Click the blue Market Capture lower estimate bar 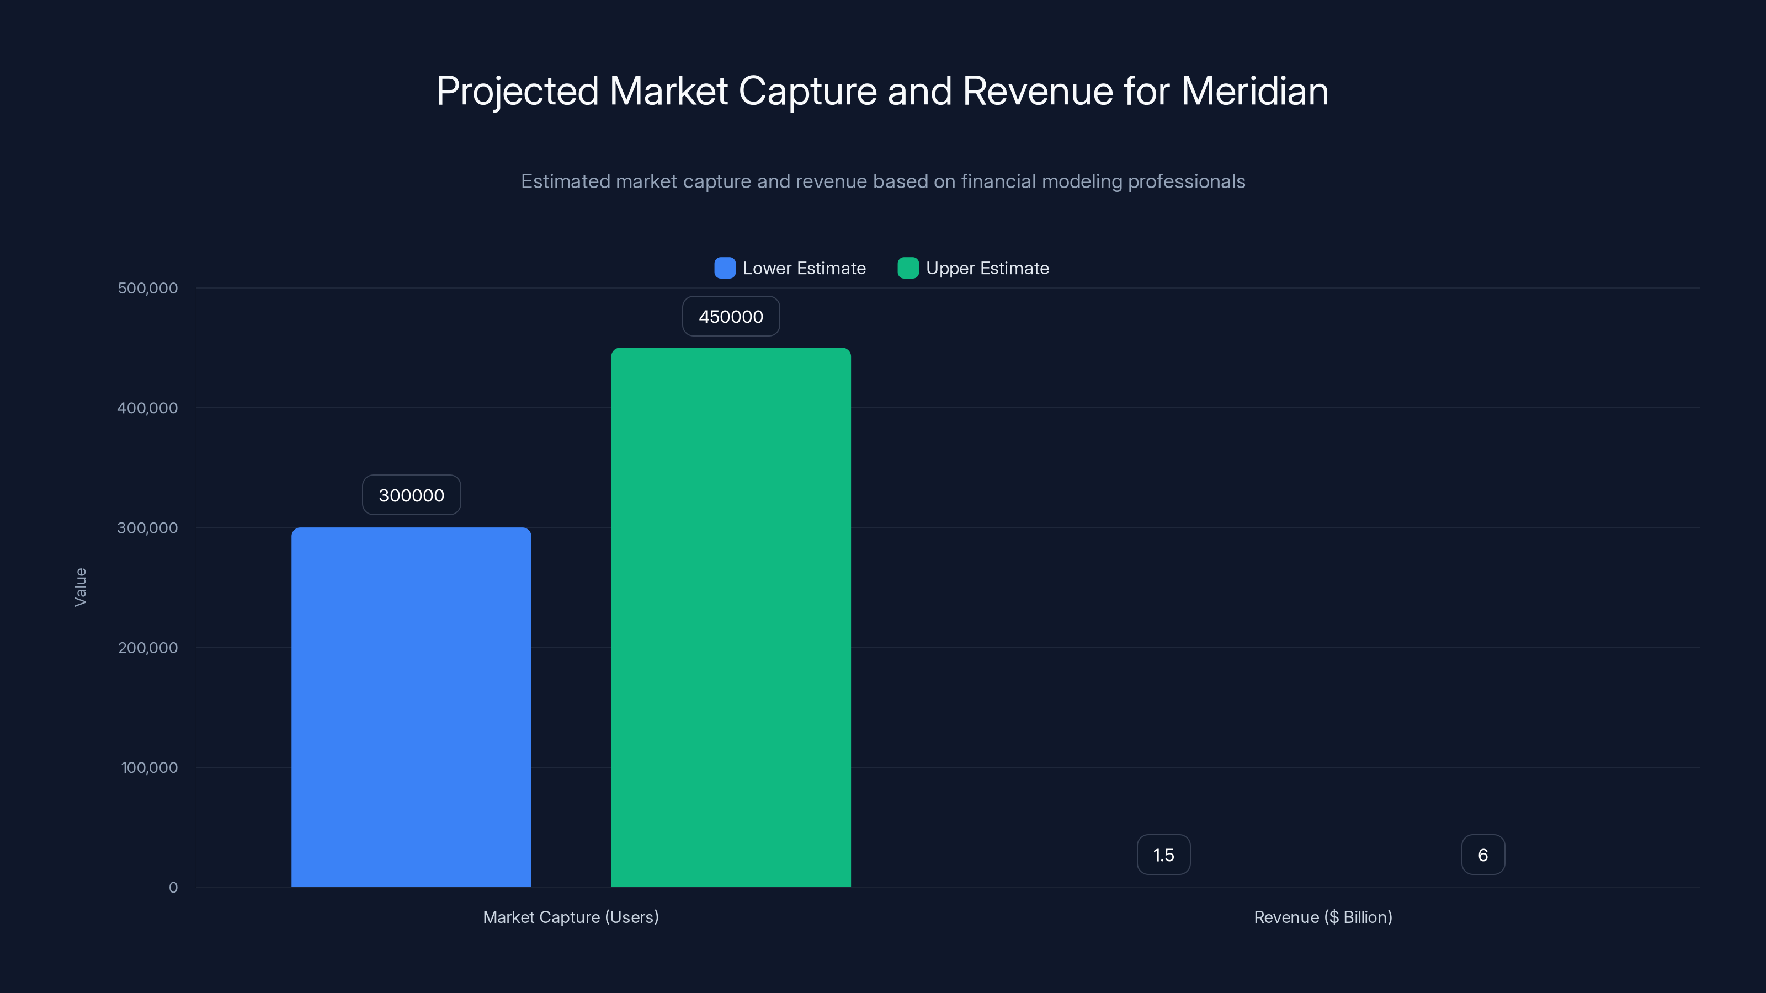(411, 706)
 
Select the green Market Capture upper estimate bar (731, 617)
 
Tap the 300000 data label (411, 495)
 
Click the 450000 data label (731, 317)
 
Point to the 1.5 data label (1163, 855)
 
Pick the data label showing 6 (1483, 855)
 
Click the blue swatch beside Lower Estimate (725, 268)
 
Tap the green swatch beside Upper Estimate (908, 268)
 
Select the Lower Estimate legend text (804, 268)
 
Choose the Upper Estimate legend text (987, 268)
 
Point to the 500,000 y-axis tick (147, 288)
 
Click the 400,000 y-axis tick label (147, 408)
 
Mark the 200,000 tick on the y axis (147, 648)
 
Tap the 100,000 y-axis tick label (149, 767)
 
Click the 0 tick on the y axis (173, 888)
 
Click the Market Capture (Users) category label (571, 917)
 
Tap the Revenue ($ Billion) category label (1322, 917)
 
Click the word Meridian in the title (1254, 91)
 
